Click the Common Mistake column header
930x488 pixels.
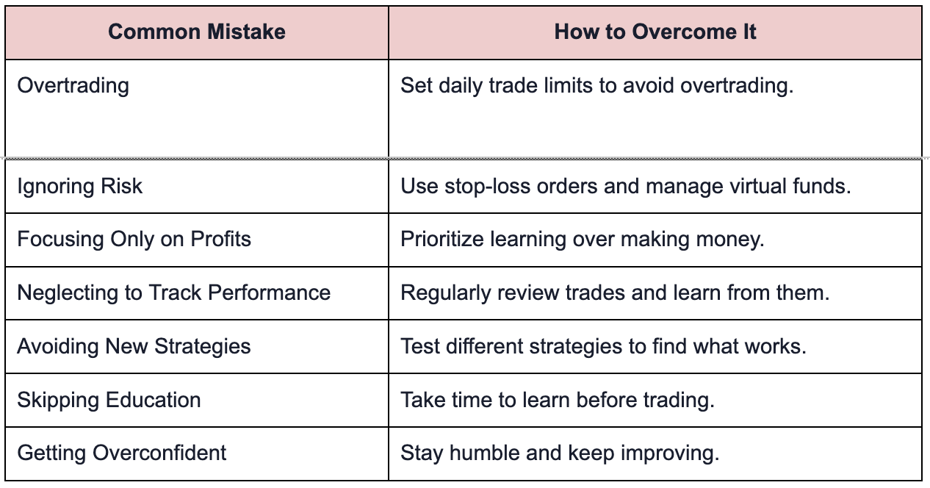(197, 32)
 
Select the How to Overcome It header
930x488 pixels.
(655, 32)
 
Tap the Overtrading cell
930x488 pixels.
(73, 86)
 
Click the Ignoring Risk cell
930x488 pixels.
(80, 186)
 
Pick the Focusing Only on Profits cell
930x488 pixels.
(134, 240)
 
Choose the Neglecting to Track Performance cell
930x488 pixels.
(174, 293)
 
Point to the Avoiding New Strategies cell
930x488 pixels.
(134, 346)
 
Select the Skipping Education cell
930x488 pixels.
(109, 400)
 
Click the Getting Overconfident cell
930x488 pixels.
(122, 453)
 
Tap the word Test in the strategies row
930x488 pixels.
(420, 346)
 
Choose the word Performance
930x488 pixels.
(270, 293)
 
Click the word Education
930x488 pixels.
(154, 400)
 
